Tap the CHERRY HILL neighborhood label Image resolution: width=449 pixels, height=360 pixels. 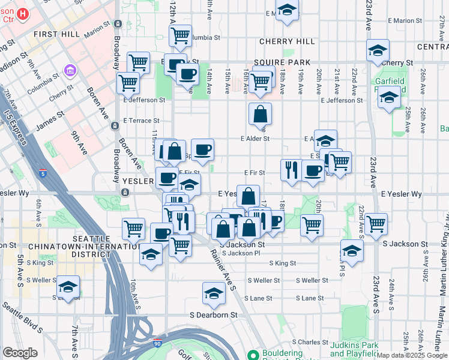point(286,41)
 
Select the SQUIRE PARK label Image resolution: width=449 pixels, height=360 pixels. point(282,62)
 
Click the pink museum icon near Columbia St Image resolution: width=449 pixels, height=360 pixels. point(71,71)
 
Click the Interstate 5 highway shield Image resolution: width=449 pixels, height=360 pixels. point(43,173)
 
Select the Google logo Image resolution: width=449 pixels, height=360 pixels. point(20,353)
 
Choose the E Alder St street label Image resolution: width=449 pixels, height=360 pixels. point(255,139)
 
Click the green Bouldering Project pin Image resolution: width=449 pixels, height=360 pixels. point(253,355)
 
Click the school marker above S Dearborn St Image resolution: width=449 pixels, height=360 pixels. point(213,293)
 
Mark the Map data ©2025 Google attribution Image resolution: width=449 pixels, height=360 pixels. point(412,355)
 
